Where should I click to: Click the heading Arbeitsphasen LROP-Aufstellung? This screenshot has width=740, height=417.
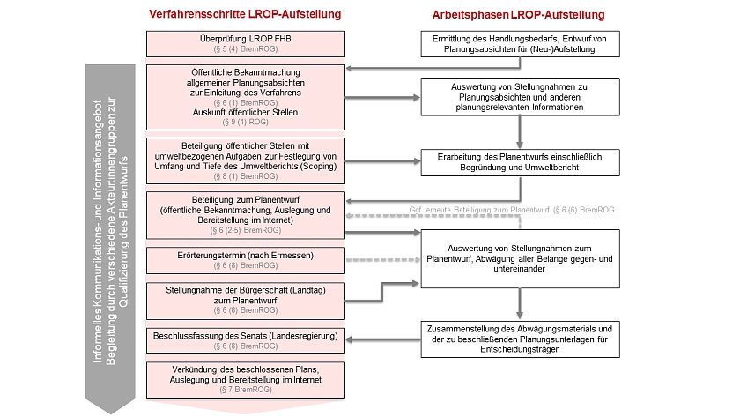(x=518, y=16)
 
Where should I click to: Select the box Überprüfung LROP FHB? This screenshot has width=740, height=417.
(x=246, y=44)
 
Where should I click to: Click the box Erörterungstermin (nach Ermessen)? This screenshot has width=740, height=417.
(x=246, y=259)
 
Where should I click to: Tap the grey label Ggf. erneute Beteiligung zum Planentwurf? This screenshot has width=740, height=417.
(x=511, y=211)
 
